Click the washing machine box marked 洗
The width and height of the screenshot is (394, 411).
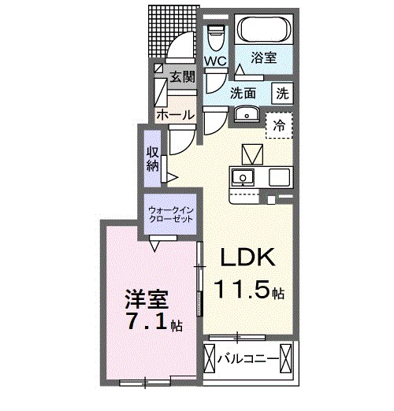[281, 91]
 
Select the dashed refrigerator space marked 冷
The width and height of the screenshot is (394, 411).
[278, 125]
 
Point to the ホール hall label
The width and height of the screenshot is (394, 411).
[174, 115]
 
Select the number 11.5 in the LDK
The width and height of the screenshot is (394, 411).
[240, 291]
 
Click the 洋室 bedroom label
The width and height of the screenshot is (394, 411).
[145, 299]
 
